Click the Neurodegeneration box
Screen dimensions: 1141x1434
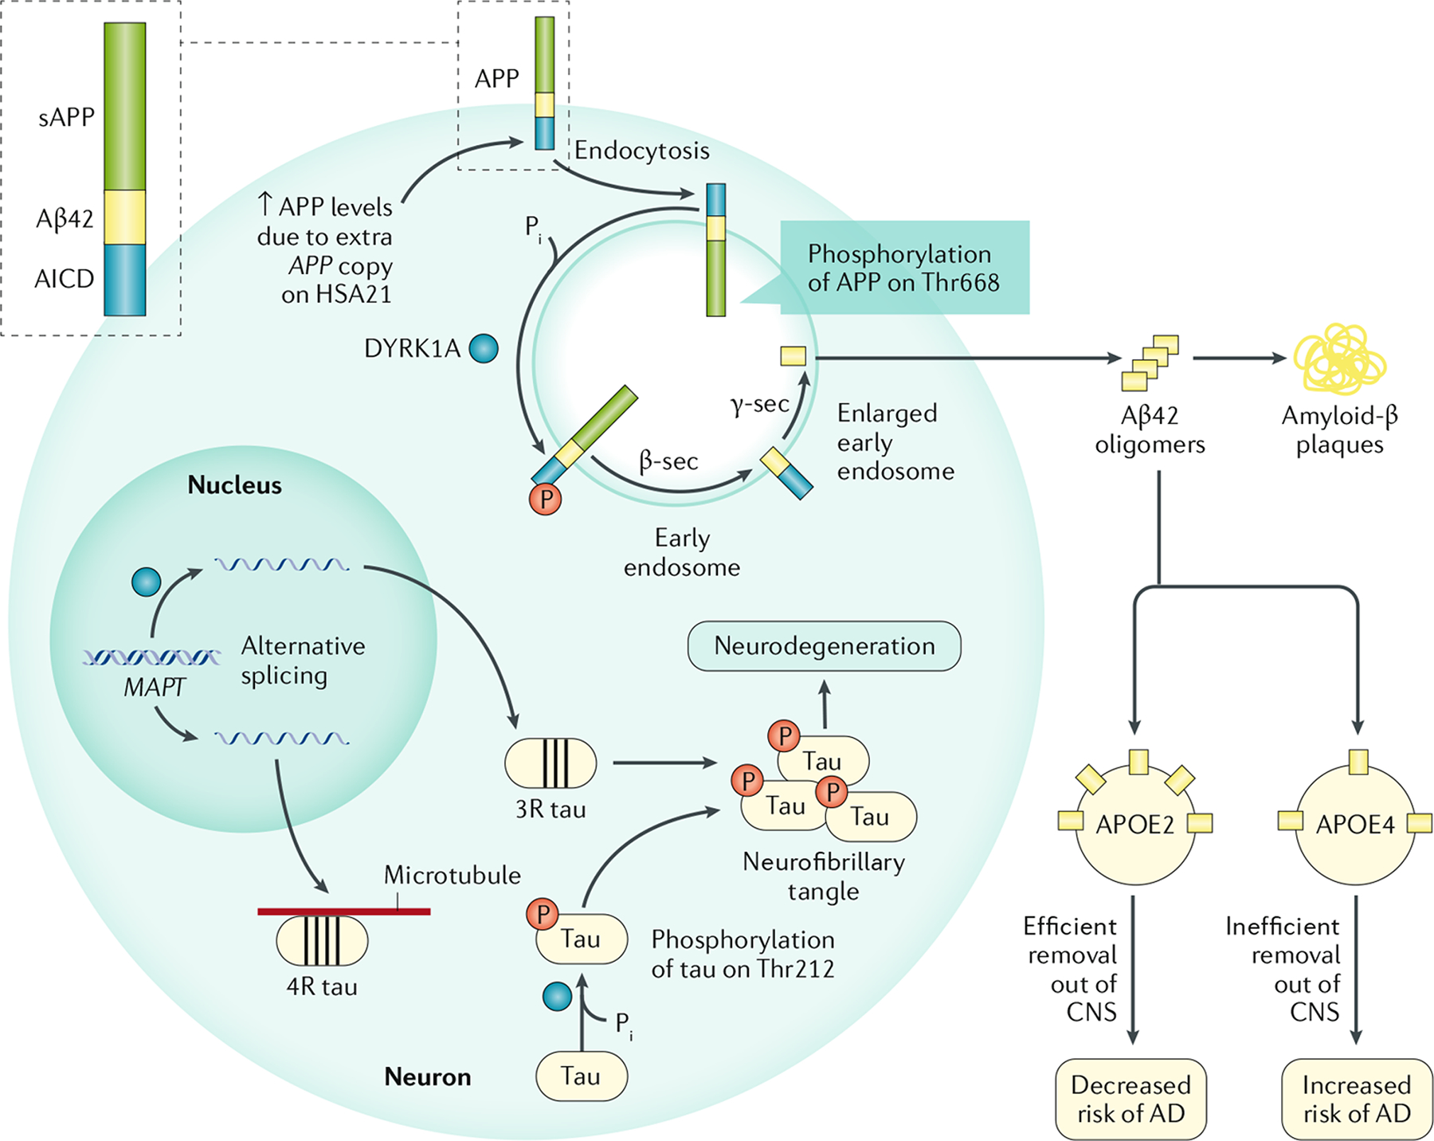pos(824,646)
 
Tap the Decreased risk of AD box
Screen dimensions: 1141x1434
pos(1130,1099)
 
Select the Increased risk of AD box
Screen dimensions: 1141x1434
pos(1357,1099)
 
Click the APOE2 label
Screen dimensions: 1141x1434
pos(1135,825)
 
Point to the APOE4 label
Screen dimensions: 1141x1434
pos(1355,825)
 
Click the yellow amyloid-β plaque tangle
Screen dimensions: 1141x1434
pos(1340,359)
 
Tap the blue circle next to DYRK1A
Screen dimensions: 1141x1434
pos(484,348)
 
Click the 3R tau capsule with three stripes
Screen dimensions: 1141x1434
pos(550,763)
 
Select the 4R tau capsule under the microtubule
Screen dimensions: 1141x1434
pos(322,941)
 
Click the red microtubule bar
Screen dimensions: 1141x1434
pos(343,912)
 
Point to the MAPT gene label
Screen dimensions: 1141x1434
pos(154,687)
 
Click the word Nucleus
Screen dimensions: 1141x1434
pos(234,485)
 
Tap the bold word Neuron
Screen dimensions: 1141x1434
pos(427,1077)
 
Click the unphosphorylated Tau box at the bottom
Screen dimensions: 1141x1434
pos(581,1076)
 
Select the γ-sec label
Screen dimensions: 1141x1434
pos(759,404)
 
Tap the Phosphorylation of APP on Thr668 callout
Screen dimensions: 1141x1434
pos(903,268)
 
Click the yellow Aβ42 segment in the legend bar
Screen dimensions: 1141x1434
pos(125,217)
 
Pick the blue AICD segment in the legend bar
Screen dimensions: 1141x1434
pos(125,280)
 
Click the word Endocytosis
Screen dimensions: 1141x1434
pos(641,151)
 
